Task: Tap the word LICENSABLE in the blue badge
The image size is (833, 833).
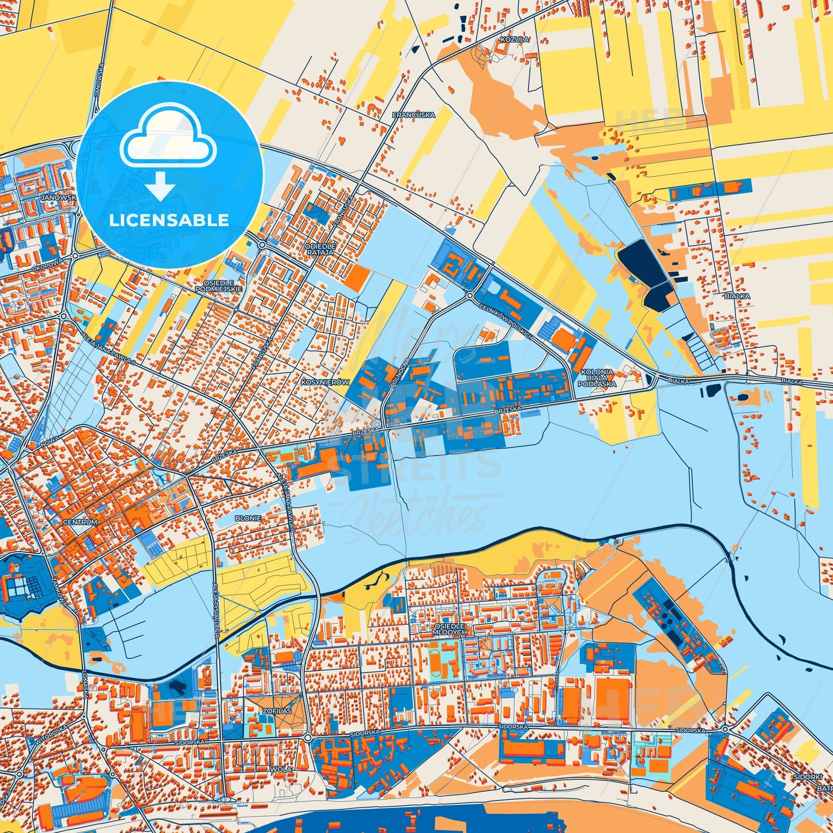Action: coord(169,220)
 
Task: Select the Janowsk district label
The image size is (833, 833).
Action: coord(58,198)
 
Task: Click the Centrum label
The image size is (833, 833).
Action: coord(80,522)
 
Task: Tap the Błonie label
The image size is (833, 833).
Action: coord(248,518)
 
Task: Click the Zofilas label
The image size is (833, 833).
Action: coord(277,711)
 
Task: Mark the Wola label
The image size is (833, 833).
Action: coord(284,769)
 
